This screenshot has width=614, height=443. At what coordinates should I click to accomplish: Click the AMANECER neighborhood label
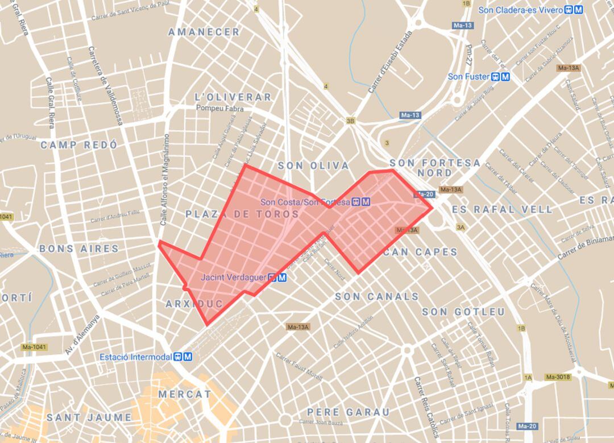pos(204,32)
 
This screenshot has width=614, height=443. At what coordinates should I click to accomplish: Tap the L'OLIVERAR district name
pos(233,97)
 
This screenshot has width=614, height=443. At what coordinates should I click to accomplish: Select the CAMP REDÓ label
pos(79,145)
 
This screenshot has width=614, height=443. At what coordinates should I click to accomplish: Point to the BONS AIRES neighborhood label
pos(79,249)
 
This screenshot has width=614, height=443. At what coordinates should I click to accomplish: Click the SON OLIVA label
pos(313,165)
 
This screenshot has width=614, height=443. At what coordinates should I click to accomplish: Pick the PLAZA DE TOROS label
pos(242,214)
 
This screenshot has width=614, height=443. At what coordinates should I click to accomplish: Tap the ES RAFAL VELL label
pos(502,209)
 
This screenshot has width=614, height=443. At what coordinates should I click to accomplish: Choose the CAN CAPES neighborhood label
pos(420,251)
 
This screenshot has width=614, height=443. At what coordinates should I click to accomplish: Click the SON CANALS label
pos(376,296)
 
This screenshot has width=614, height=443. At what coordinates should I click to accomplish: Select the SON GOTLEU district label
pos(463,312)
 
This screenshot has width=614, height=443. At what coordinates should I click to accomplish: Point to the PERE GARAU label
pos(349,412)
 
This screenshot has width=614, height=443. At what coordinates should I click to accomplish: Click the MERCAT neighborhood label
pos(184,394)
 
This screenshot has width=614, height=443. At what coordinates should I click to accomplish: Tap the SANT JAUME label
pos(89,417)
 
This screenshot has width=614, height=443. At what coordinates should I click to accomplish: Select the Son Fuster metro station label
pos(468,76)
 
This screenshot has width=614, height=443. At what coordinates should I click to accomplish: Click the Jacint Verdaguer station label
pos(234,278)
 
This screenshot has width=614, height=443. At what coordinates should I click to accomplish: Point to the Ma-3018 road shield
pos(557,376)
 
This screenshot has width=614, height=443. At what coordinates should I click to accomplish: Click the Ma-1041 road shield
pos(34,347)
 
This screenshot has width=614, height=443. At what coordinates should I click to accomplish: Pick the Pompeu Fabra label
pos(219,108)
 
